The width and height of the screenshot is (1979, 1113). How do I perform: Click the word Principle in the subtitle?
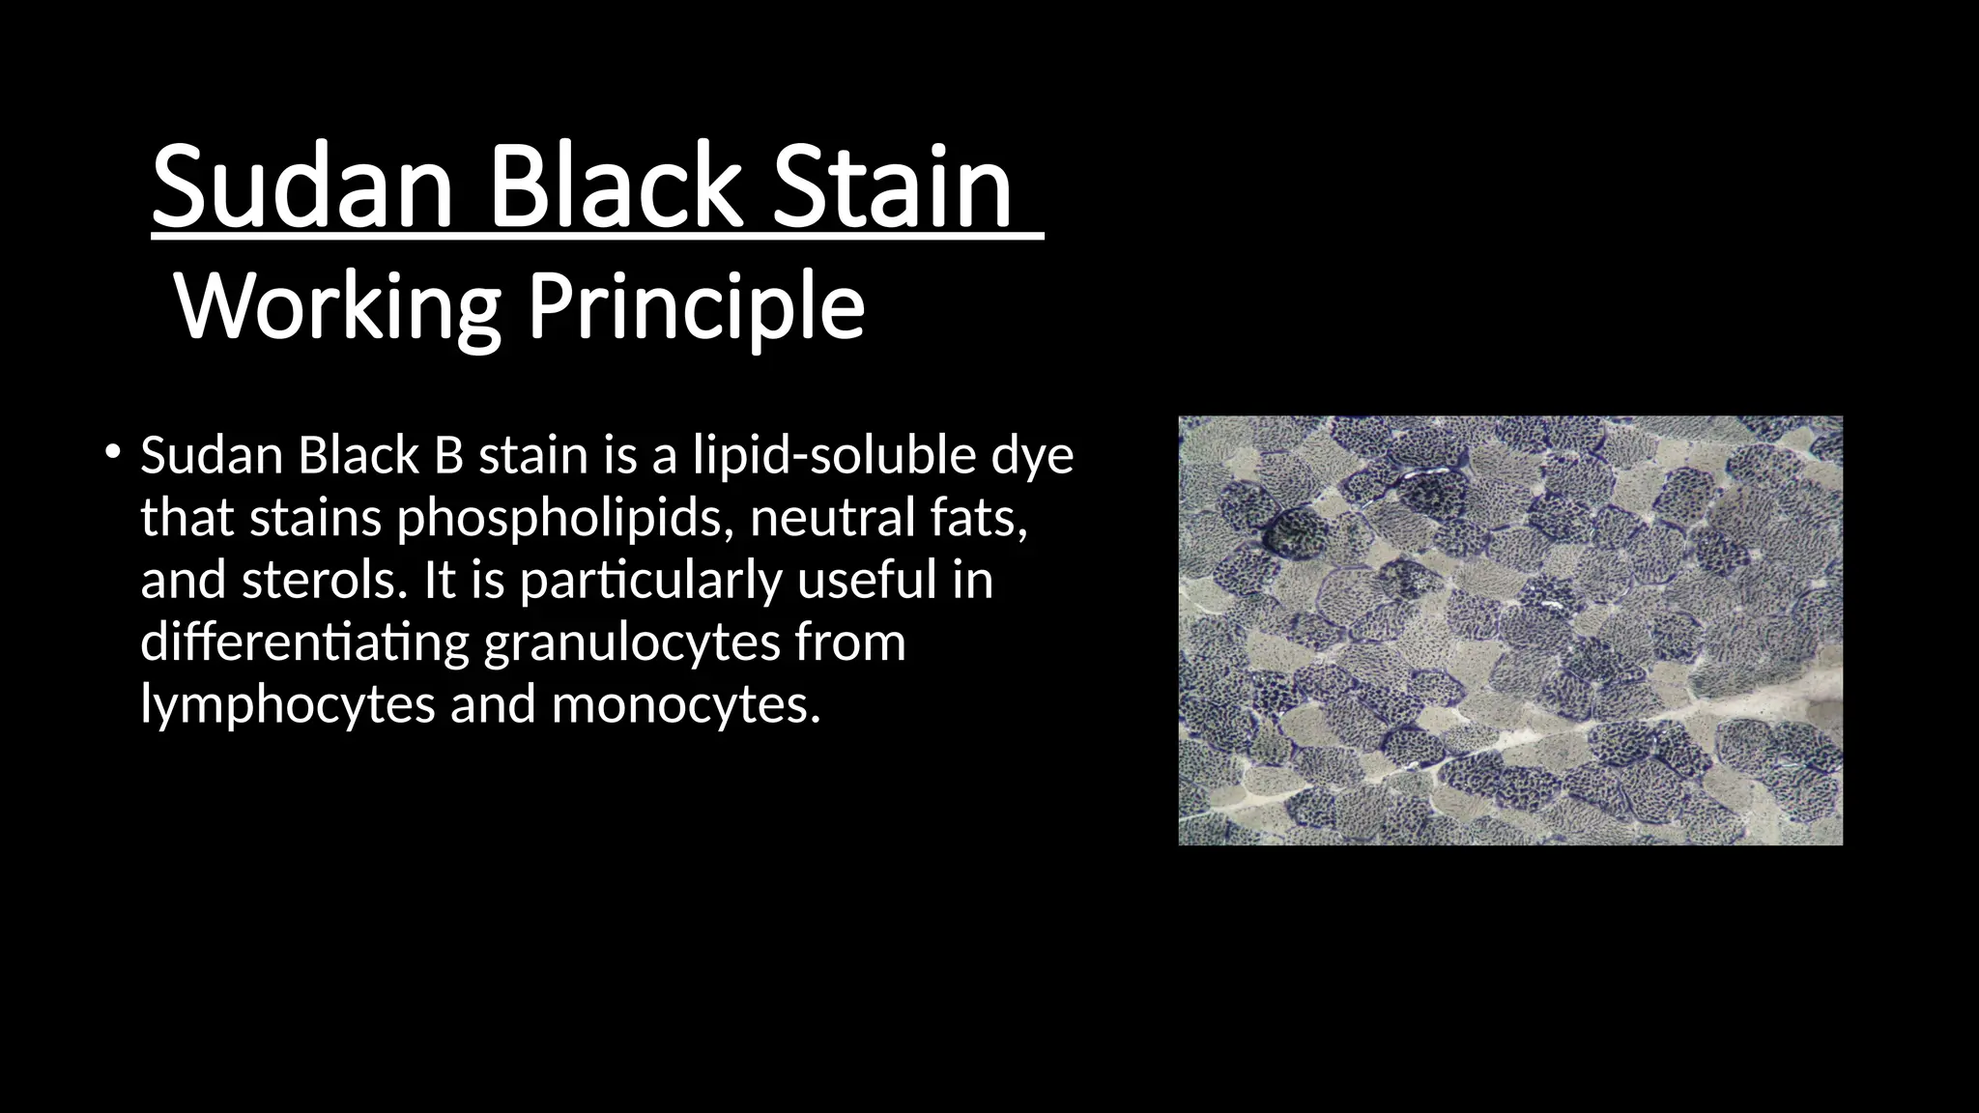click(x=696, y=307)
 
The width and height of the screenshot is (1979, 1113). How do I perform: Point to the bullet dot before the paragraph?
click(x=113, y=451)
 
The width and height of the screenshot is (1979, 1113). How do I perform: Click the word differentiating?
click(x=304, y=642)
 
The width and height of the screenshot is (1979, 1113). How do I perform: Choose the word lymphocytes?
click(x=287, y=705)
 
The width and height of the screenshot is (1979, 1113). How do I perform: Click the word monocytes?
click(x=685, y=705)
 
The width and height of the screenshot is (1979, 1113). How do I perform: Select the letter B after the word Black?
click(x=448, y=455)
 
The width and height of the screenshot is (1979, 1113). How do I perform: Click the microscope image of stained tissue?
click(x=1510, y=630)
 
